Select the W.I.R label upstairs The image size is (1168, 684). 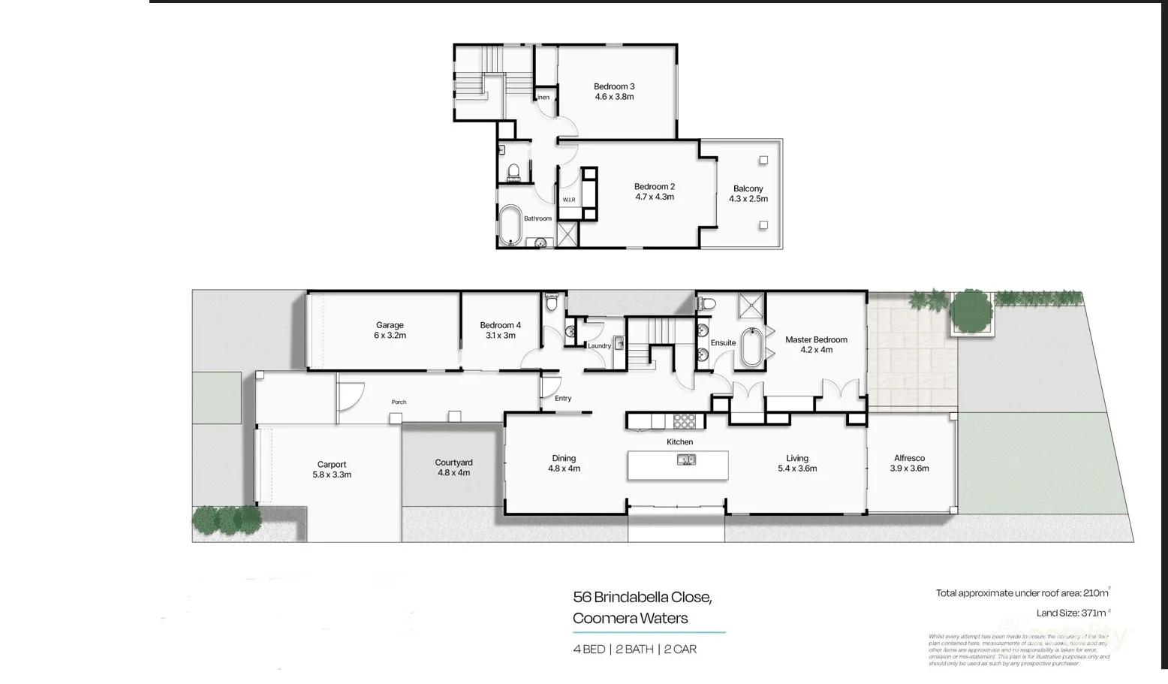point(568,200)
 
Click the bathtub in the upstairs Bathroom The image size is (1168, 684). point(511,224)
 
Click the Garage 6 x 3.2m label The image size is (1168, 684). point(390,330)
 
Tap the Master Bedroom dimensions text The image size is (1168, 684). point(816,350)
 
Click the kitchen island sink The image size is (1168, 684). point(685,460)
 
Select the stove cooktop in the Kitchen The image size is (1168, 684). point(684,421)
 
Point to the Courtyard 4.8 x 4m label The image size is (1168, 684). point(453,468)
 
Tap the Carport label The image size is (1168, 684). point(331,465)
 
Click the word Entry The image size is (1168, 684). point(563,399)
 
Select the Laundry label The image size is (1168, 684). point(599,346)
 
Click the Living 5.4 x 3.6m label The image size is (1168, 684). point(796,463)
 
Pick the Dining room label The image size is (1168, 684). point(564,459)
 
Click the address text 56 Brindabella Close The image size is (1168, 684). point(642,598)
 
